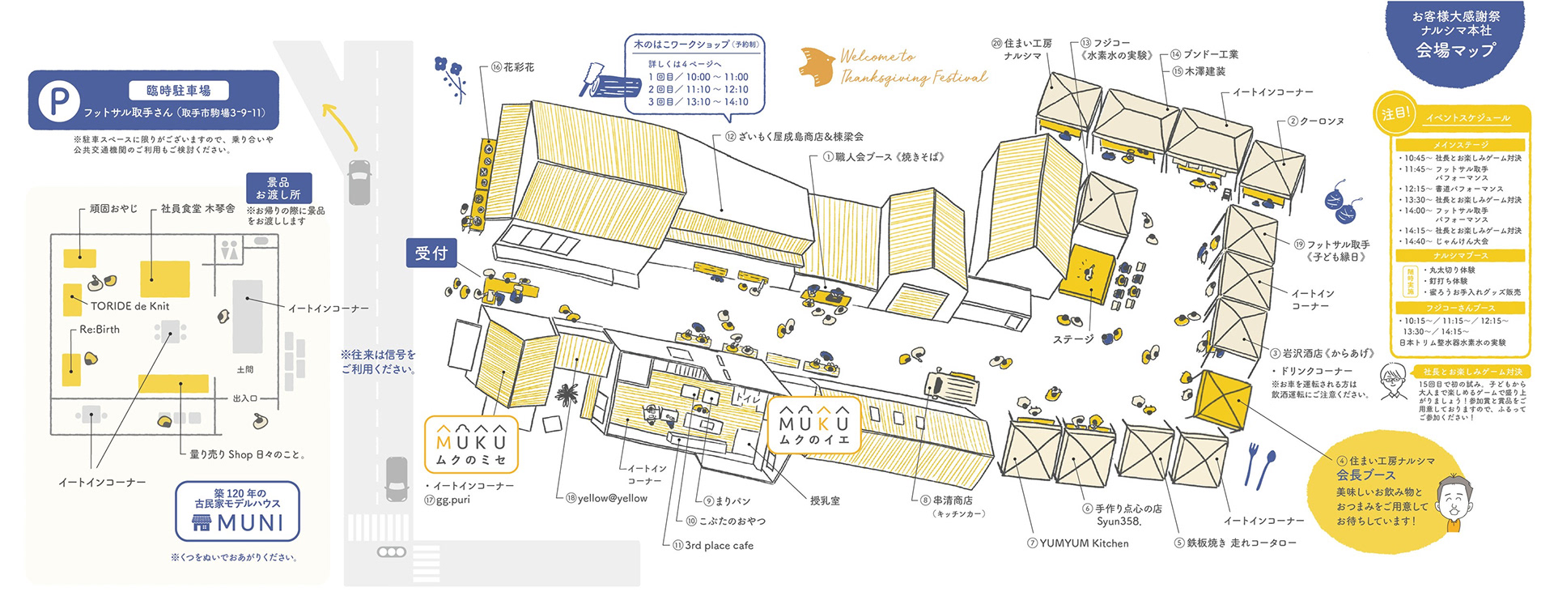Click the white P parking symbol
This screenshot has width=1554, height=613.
(58, 102)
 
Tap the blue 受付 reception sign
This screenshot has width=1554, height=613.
(431, 253)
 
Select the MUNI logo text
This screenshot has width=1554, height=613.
(250, 523)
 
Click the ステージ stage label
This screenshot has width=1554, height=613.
(1073, 339)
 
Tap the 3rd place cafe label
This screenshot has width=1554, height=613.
(719, 546)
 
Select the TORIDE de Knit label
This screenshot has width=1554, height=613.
(129, 306)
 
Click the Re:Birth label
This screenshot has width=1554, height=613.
(100, 330)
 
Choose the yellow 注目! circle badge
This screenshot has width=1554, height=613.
(1395, 113)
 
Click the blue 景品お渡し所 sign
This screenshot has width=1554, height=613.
(278, 189)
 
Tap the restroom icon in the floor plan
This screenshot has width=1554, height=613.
(229, 249)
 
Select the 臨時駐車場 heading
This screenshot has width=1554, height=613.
(178, 91)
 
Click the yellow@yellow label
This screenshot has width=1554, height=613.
(612, 498)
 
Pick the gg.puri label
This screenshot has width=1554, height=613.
(452, 500)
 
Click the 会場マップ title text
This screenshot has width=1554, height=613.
(1455, 50)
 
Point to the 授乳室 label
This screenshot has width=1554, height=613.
(825, 501)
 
